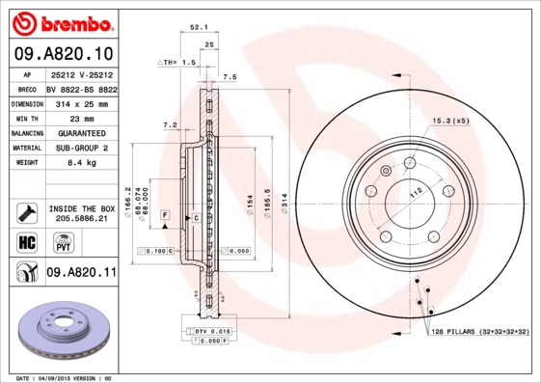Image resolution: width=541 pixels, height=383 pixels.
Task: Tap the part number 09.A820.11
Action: point(81,273)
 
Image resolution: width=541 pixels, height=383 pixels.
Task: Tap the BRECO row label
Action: point(27,88)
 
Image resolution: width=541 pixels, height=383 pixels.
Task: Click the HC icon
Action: point(27,241)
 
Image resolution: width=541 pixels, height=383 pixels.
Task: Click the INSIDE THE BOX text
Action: point(81,208)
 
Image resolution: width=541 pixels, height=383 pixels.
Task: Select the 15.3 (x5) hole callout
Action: point(449,121)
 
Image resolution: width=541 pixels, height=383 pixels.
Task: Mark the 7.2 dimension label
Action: point(171,124)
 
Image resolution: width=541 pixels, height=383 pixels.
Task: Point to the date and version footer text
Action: point(64,378)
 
